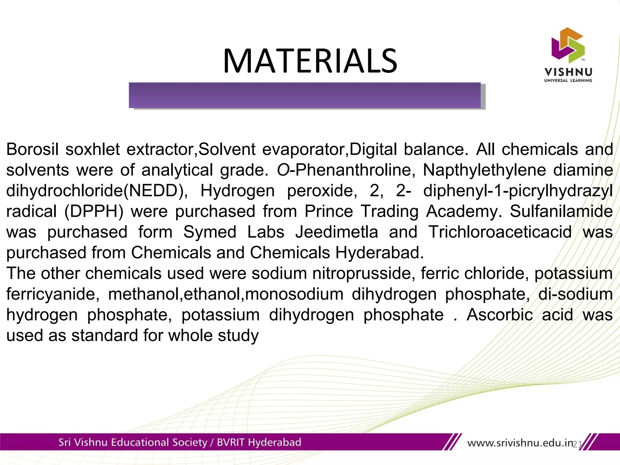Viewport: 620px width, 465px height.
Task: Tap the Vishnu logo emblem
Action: (x=568, y=45)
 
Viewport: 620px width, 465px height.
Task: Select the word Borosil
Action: (x=32, y=149)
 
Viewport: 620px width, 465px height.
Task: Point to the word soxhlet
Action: (x=93, y=149)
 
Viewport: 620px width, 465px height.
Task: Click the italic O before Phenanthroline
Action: (x=283, y=170)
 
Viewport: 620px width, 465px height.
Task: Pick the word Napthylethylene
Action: (x=484, y=170)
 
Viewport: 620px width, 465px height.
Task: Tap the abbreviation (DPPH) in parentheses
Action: (x=94, y=211)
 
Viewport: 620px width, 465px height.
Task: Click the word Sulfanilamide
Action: (x=561, y=211)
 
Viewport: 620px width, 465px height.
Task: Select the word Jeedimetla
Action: (x=337, y=232)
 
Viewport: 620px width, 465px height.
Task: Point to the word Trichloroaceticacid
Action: (x=500, y=232)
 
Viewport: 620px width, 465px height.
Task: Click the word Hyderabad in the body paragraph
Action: (x=379, y=253)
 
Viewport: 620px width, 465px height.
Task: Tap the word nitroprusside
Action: (x=362, y=273)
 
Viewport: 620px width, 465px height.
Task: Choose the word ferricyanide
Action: (x=51, y=294)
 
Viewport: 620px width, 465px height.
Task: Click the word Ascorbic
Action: (x=500, y=315)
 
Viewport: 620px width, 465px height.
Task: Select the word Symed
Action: (x=210, y=232)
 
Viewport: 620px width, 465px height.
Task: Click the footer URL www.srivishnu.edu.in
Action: (x=520, y=443)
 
